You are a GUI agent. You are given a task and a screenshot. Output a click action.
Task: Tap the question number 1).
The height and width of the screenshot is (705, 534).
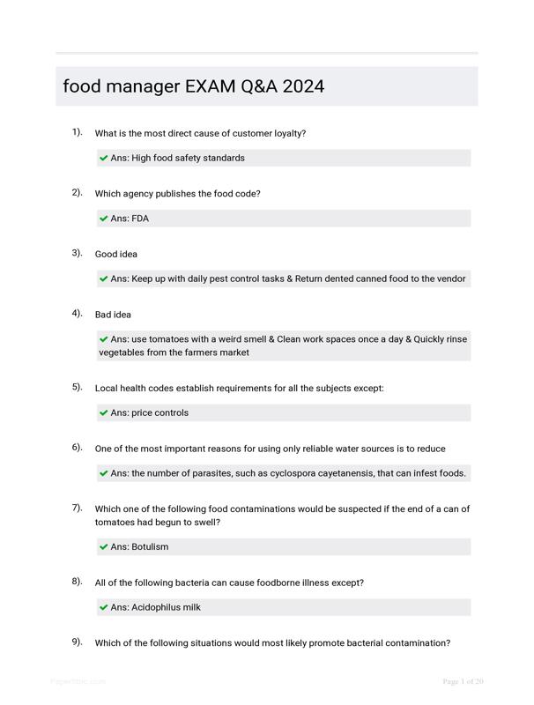click(x=78, y=132)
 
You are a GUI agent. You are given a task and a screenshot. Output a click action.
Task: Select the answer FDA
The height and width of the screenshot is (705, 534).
click(x=140, y=219)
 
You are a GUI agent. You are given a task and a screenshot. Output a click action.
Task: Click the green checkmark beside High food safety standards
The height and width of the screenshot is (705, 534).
click(x=104, y=159)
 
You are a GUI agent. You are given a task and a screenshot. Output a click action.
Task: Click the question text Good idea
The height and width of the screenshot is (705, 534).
click(x=116, y=255)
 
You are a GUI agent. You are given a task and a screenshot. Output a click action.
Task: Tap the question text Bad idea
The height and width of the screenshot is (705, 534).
click(x=113, y=315)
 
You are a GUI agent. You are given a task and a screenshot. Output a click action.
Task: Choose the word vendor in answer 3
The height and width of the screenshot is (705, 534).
click(x=449, y=278)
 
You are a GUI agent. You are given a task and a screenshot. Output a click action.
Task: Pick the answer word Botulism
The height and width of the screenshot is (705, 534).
click(x=150, y=546)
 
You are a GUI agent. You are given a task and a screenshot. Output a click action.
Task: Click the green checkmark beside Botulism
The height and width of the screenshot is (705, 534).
click(x=104, y=547)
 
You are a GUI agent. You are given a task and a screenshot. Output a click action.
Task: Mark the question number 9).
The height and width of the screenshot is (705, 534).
click(x=78, y=642)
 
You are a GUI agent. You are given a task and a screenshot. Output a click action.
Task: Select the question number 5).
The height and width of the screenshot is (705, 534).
click(x=78, y=386)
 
